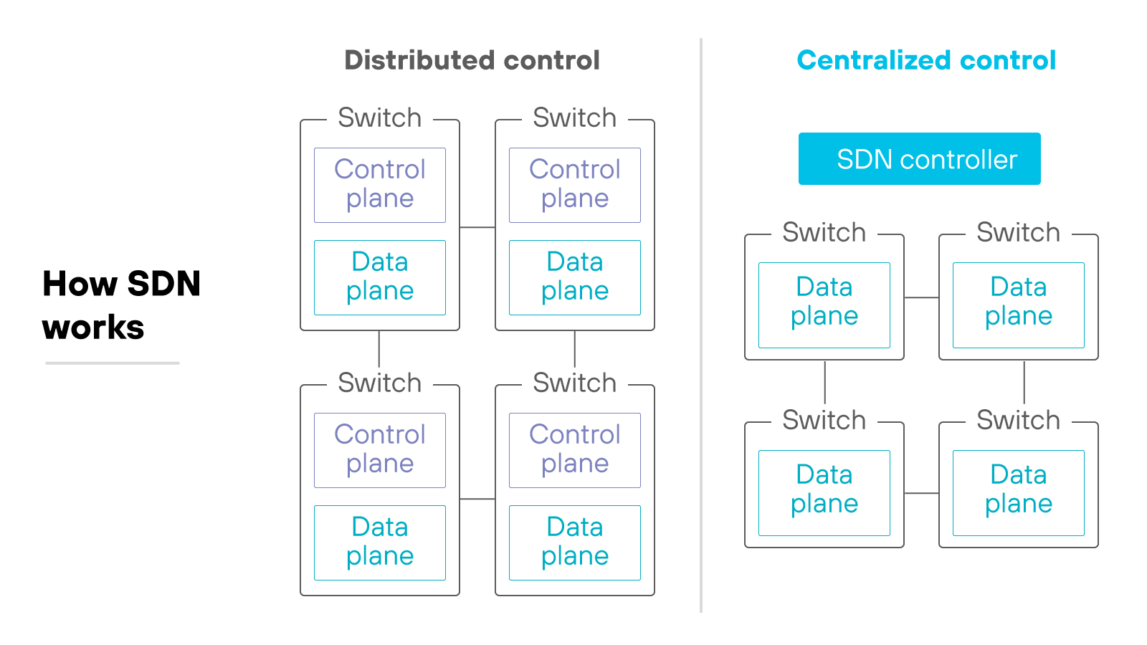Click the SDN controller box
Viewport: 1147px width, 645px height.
pos(919,159)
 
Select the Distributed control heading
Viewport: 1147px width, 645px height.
pos(472,60)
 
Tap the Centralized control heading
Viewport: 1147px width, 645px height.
pos(926,60)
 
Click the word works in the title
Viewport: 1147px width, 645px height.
pos(93,328)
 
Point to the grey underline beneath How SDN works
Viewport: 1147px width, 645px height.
pos(112,363)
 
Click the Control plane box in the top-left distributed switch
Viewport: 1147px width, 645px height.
pos(380,185)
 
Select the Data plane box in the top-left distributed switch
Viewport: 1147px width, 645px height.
pos(380,277)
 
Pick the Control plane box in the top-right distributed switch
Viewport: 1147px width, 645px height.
pos(575,185)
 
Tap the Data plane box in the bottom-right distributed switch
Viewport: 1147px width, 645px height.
pos(575,543)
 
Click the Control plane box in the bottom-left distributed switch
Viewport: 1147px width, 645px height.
pos(380,450)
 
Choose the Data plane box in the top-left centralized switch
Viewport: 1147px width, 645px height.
pos(824,305)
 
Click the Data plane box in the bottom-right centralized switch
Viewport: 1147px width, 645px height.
pos(1019,492)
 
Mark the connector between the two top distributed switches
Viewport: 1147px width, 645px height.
pos(477,227)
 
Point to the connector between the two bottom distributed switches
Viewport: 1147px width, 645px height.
pos(477,499)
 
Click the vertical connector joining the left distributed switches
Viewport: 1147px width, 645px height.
pos(379,349)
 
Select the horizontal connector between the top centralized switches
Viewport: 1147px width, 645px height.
pos(922,297)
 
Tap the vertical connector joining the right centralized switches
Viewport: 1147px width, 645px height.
pos(1024,382)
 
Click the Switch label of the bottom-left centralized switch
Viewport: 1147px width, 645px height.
pos(824,420)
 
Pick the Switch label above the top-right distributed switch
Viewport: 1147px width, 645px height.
pos(575,118)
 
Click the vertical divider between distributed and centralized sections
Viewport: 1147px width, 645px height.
pos(701,322)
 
